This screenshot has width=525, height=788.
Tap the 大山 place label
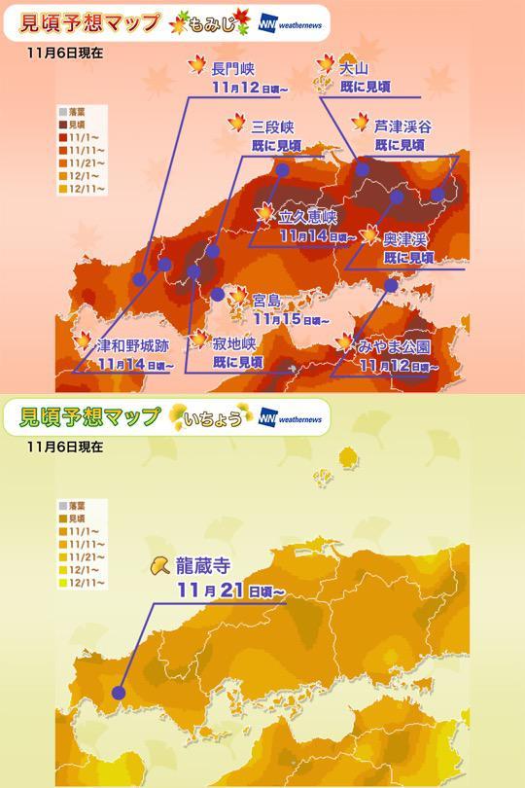[x=354, y=69]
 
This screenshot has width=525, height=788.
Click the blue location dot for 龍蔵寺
[x=119, y=694]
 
